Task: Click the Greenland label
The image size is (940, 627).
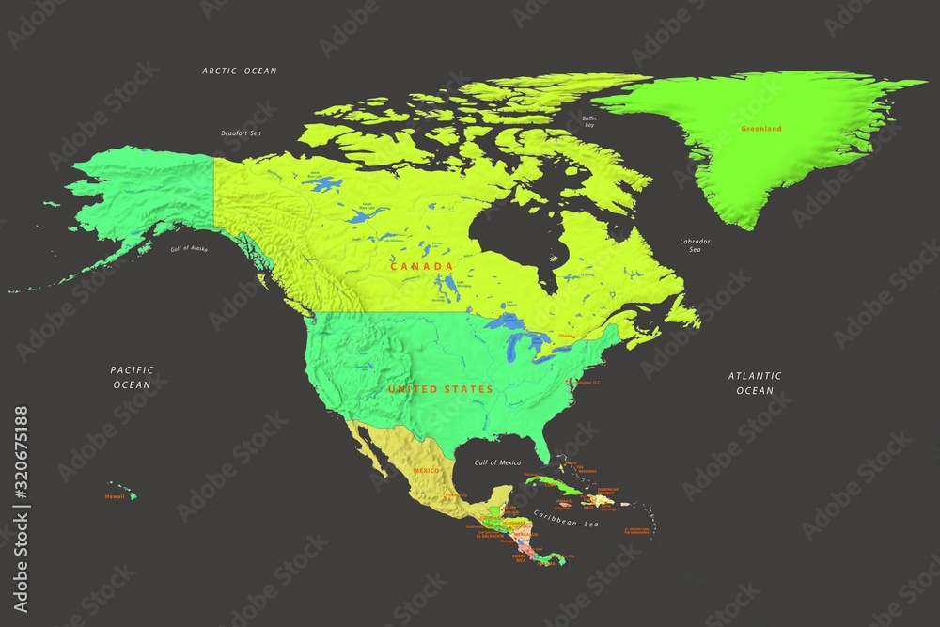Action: pos(760,128)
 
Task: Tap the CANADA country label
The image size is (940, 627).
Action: pos(422,267)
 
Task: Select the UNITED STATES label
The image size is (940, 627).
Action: pos(441,388)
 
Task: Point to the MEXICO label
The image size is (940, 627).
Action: pos(428,470)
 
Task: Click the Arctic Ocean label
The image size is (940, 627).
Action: pos(240,71)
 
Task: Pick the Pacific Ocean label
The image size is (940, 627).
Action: pos(132,377)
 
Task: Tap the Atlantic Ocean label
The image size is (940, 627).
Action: pos(755,383)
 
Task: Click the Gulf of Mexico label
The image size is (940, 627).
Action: pos(497,462)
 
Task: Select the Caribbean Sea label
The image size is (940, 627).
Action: pos(567,518)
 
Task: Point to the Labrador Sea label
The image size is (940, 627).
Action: pos(695,246)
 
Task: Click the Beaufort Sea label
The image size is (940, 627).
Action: pos(241,133)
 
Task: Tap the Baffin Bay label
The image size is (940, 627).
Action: pos(589,120)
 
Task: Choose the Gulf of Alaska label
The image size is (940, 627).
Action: pos(188,248)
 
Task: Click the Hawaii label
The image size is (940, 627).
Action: pos(115,496)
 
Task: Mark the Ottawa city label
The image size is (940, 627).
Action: pos(565,335)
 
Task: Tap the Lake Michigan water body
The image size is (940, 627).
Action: pos(509,347)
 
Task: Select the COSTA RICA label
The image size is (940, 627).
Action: pos(519,557)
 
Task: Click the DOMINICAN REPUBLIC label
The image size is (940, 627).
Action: pos(608,492)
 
